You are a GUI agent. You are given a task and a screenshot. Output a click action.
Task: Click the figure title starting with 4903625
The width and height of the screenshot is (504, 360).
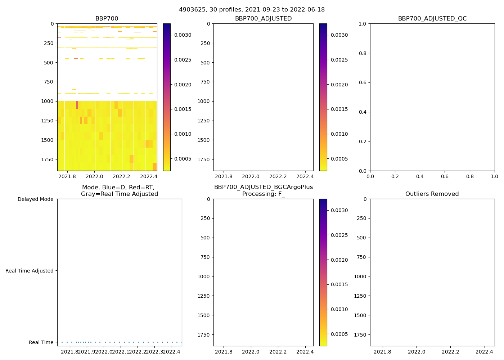(252, 9)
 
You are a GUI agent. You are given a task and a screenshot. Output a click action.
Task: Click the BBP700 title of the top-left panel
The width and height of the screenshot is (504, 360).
(107, 19)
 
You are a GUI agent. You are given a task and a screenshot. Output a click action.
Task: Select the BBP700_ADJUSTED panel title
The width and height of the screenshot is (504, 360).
(263, 19)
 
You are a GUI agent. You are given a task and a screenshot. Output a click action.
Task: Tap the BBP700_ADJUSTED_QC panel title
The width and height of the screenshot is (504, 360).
(432, 19)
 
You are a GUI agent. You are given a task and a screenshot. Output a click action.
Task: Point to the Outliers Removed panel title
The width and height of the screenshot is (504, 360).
(432, 194)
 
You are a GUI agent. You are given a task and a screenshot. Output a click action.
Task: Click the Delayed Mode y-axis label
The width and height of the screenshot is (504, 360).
(35, 199)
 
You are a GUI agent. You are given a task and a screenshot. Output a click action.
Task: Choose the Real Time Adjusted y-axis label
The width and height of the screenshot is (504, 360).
(29, 271)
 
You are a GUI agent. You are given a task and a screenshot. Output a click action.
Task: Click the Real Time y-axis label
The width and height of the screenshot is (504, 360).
(41, 342)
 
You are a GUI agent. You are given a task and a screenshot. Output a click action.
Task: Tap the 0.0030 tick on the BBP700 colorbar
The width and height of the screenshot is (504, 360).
(183, 35)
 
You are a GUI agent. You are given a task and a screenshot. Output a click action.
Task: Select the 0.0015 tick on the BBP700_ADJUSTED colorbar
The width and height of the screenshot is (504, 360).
(339, 109)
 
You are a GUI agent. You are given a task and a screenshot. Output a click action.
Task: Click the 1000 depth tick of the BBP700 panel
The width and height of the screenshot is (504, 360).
(48, 101)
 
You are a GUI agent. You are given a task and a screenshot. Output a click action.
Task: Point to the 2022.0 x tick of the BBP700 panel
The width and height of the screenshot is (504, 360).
(95, 176)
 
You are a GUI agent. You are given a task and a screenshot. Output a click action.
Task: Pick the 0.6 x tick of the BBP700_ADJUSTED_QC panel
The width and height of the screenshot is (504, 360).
(445, 176)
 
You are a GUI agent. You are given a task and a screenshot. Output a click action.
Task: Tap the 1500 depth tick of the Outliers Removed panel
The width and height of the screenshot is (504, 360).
(360, 315)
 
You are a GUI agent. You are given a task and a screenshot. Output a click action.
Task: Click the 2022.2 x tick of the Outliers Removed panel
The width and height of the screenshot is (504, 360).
(450, 352)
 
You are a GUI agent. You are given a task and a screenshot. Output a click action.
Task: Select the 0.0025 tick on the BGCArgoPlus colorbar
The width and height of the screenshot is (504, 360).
(339, 235)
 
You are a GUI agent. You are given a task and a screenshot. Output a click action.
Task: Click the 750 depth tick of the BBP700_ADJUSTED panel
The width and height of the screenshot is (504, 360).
(205, 82)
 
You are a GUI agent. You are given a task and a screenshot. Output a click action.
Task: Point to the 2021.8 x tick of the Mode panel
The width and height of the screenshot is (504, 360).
(69, 352)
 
